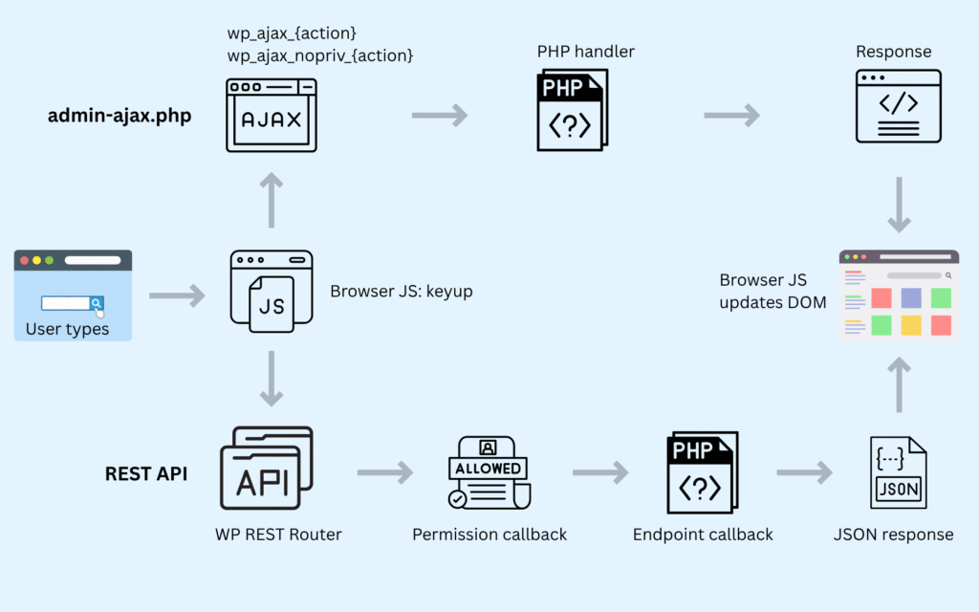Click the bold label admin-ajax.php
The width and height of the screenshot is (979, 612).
point(120,117)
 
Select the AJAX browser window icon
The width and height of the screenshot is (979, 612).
point(271,116)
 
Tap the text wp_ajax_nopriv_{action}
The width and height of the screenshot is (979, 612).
point(320,55)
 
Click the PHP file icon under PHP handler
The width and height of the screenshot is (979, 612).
point(571,113)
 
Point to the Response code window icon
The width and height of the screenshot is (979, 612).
point(899,106)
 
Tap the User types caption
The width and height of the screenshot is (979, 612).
point(67,330)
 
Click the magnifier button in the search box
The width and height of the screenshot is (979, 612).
point(97,303)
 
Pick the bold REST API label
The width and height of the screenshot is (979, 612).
point(145,472)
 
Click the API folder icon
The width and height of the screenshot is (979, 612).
point(267,470)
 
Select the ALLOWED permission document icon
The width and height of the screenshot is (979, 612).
point(489,472)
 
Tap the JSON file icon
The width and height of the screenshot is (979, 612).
point(898,473)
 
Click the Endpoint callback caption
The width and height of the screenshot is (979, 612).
point(703,535)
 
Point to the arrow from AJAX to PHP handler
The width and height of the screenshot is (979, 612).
point(440,116)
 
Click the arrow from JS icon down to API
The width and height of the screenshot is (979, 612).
point(272,379)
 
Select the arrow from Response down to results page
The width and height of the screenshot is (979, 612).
point(899,204)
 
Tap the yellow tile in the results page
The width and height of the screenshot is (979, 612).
point(912,325)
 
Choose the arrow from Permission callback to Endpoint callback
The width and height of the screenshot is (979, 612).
point(600,472)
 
